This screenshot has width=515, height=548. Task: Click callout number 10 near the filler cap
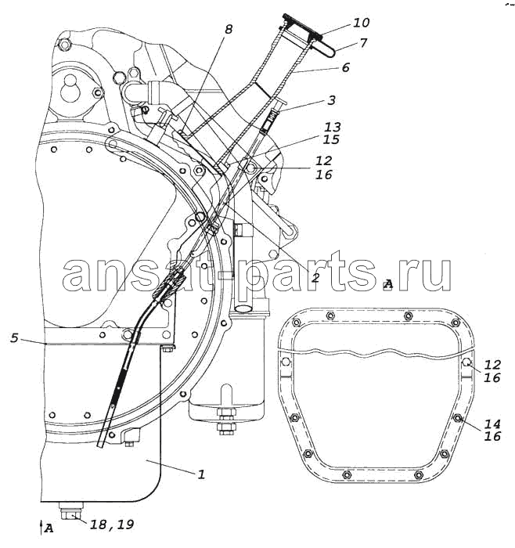(362, 23)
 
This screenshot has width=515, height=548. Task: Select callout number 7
(363, 43)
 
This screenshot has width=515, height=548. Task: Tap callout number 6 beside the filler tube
(345, 67)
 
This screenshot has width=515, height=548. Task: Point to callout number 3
(331, 100)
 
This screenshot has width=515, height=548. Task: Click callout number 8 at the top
(229, 29)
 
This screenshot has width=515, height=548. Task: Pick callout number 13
(332, 127)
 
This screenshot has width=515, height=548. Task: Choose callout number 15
(331, 139)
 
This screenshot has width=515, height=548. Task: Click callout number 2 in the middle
(315, 268)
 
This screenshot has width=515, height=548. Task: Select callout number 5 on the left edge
(14, 338)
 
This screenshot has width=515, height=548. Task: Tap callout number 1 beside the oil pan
(201, 474)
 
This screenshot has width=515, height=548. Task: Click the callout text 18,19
(112, 525)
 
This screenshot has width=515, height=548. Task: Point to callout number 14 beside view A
(492, 424)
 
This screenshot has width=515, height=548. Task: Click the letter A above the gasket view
(388, 284)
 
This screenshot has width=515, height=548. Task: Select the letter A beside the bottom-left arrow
(49, 528)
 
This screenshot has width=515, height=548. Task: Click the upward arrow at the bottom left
(41, 527)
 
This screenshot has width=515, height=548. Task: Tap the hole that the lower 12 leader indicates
(466, 362)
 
